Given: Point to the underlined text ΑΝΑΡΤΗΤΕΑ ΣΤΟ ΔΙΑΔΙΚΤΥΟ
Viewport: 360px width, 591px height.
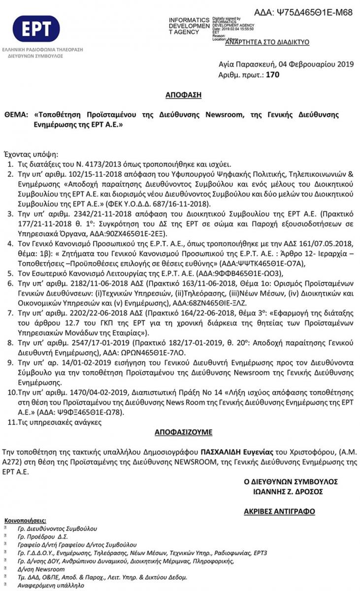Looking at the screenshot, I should [267, 42].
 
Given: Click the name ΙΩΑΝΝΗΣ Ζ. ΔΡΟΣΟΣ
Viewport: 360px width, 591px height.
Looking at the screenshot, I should [285, 492].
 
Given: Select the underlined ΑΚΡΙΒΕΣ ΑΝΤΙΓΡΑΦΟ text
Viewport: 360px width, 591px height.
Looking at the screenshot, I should [279, 512].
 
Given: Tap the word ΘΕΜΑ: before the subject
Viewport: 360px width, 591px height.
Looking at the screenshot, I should [16, 115].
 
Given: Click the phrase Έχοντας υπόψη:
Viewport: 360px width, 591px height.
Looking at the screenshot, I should [31, 154].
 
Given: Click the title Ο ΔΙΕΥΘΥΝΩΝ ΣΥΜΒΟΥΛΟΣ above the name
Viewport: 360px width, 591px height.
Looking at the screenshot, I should [291, 481].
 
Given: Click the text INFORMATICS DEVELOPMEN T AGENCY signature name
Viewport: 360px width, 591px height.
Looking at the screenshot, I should [190, 26].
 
